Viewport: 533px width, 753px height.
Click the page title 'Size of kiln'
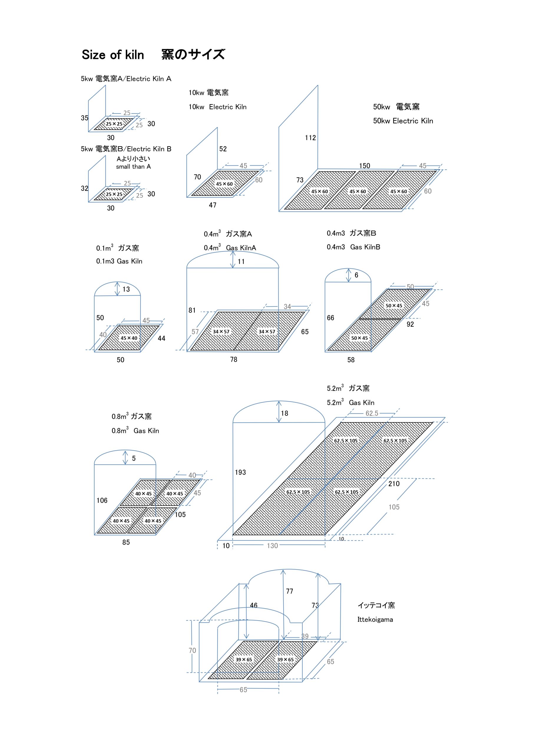(x=113, y=55)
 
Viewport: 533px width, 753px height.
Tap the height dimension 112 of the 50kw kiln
(x=310, y=138)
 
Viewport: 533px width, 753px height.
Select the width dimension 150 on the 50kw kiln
(x=364, y=166)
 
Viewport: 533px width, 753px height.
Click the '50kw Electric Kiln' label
(x=403, y=121)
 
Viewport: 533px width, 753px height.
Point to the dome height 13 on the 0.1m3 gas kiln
(x=126, y=289)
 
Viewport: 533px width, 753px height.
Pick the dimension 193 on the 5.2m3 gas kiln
(x=240, y=472)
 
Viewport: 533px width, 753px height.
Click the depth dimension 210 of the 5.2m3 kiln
(x=394, y=484)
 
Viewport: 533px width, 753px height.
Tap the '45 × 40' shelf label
(x=129, y=338)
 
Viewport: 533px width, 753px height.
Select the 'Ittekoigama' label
(x=375, y=619)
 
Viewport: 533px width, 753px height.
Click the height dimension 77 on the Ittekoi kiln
(x=289, y=591)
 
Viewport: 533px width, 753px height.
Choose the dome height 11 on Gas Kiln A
(x=241, y=262)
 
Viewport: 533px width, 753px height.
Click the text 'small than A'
(x=133, y=166)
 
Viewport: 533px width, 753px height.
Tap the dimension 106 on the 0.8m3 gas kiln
(x=102, y=500)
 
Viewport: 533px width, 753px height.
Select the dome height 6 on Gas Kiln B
(x=356, y=275)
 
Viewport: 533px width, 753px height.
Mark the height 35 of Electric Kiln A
(x=85, y=118)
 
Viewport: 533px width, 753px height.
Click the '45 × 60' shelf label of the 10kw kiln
(x=224, y=184)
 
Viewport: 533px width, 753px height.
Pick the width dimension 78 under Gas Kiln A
(x=234, y=359)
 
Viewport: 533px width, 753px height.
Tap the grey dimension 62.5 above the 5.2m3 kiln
(x=372, y=413)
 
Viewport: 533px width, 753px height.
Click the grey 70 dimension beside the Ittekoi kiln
(x=192, y=650)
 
